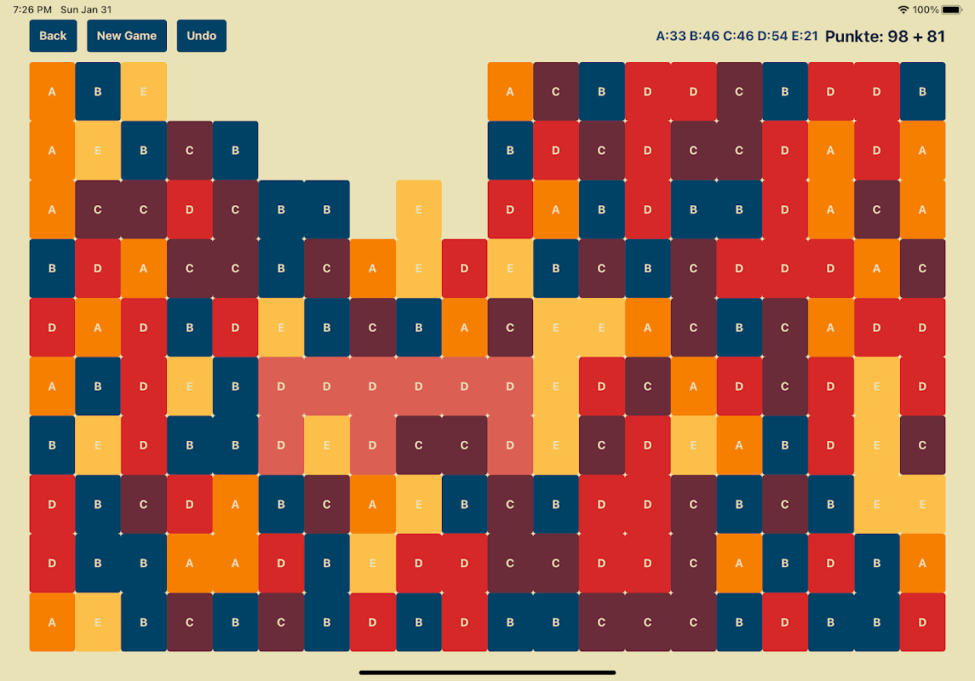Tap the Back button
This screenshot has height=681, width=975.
point(53,36)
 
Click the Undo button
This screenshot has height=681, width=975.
point(202,36)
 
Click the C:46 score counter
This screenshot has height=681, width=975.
point(738,37)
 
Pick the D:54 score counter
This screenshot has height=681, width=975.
point(772,37)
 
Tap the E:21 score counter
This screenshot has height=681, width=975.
point(805,37)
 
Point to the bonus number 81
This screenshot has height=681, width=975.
point(935,37)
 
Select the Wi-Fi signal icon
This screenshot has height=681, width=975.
point(903,10)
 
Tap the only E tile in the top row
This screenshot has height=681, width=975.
point(143,91)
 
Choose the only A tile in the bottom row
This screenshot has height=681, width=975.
point(52,622)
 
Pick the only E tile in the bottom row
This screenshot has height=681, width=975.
point(98,622)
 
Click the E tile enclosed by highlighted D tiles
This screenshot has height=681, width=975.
point(327,445)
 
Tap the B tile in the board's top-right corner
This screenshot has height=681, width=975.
point(922,91)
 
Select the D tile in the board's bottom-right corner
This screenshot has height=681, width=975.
point(922,622)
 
